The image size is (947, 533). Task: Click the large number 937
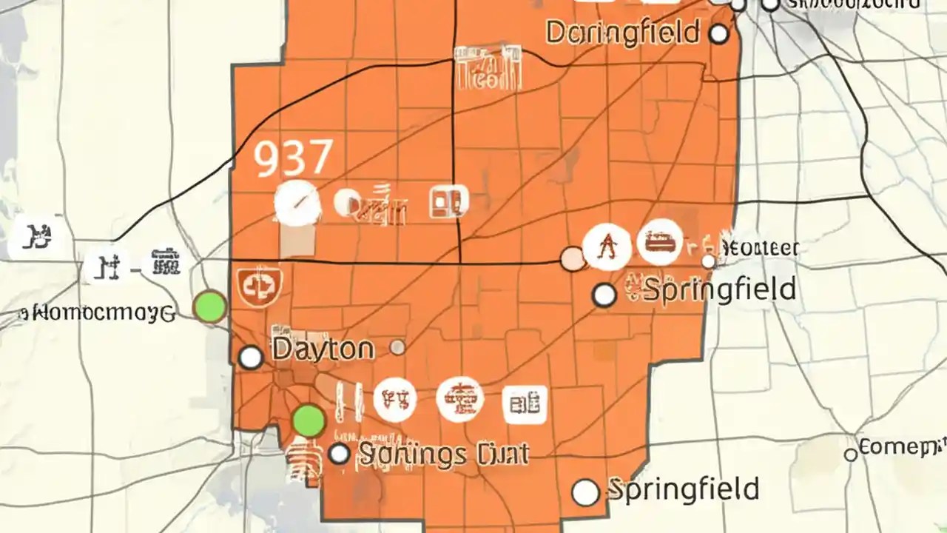pyautogui.click(x=293, y=158)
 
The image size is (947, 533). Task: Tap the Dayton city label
pyautogui.click(x=323, y=349)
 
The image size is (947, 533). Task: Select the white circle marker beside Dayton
pyautogui.click(x=251, y=358)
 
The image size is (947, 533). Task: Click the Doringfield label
pyautogui.click(x=622, y=33)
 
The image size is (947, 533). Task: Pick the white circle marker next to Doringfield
pyautogui.click(x=718, y=33)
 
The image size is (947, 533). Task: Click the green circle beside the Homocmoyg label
pyautogui.click(x=210, y=306)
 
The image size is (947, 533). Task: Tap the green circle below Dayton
pyautogui.click(x=309, y=420)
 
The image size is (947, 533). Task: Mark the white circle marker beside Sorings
pyautogui.click(x=339, y=454)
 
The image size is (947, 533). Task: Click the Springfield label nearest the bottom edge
pyautogui.click(x=683, y=489)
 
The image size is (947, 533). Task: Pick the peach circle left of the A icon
pyautogui.click(x=572, y=258)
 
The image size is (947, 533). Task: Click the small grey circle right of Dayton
pyautogui.click(x=397, y=347)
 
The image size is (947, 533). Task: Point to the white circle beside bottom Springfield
pyautogui.click(x=585, y=492)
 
